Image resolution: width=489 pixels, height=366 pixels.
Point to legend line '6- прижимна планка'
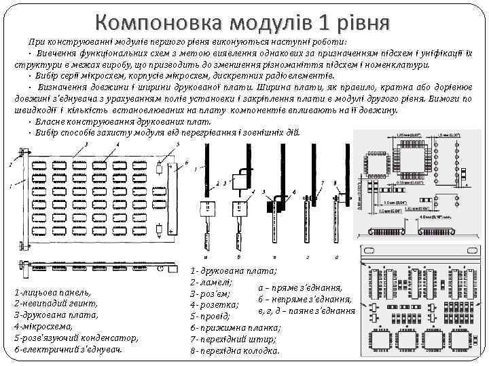[x=235, y=327]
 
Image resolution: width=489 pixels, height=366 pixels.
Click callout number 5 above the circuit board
[x=178, y=144]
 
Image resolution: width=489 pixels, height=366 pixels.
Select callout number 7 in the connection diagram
[x=323, y=183]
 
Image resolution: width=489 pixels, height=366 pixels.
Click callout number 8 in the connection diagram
[x=336, y=183]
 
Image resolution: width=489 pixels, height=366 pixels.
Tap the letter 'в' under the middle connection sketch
[x=274, y=257]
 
